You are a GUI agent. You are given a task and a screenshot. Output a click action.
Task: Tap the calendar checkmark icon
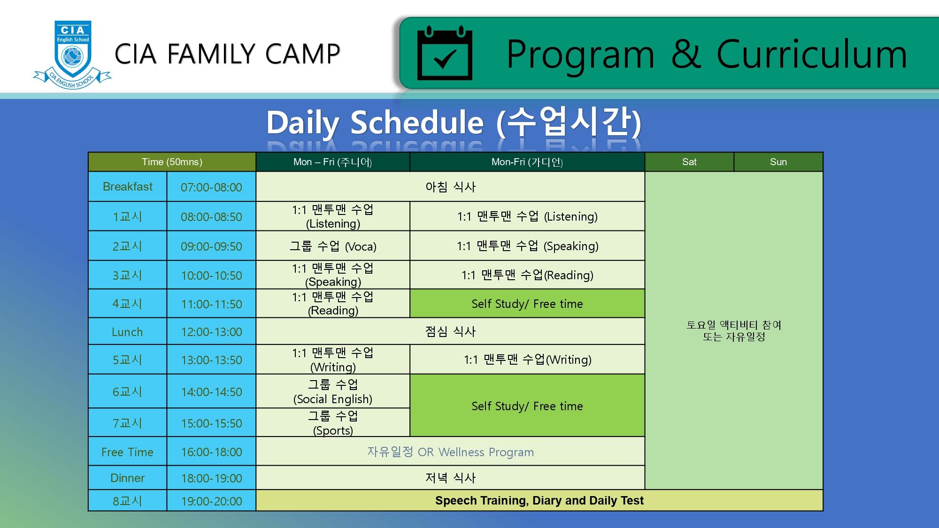[445, 53]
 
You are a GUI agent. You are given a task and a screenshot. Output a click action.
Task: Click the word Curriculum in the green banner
[812, 54]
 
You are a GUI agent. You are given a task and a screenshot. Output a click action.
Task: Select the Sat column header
[689, 162]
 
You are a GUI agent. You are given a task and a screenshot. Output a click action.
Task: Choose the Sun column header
[778, 162]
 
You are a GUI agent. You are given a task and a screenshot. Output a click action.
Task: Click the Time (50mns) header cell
[172, 162]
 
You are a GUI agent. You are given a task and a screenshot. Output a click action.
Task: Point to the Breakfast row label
[128, 187]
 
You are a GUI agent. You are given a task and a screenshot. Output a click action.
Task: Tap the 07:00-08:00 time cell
[211, 187]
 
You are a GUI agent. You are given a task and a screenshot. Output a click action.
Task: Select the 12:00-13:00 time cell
[211, 332]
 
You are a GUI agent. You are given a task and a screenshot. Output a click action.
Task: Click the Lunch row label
[128, 332]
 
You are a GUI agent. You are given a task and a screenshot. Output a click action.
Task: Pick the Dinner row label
[128, 478]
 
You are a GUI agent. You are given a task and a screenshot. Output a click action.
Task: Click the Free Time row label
[128, 452]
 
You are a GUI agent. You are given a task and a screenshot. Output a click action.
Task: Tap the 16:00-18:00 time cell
[211, 452]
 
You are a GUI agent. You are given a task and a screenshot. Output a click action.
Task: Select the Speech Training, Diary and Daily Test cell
[539, 501]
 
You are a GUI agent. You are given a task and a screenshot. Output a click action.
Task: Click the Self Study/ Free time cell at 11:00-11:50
[527, 304]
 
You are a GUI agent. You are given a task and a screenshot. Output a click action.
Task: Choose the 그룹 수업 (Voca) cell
[333, 246]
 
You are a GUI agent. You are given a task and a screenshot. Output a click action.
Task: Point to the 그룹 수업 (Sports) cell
[333, 423]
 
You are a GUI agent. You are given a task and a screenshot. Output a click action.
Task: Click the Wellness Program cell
[450, 452]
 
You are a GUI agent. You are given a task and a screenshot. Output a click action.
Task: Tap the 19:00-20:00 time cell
[211, 501]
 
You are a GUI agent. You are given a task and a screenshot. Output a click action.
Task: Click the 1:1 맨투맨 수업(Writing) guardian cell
[527, 360]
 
